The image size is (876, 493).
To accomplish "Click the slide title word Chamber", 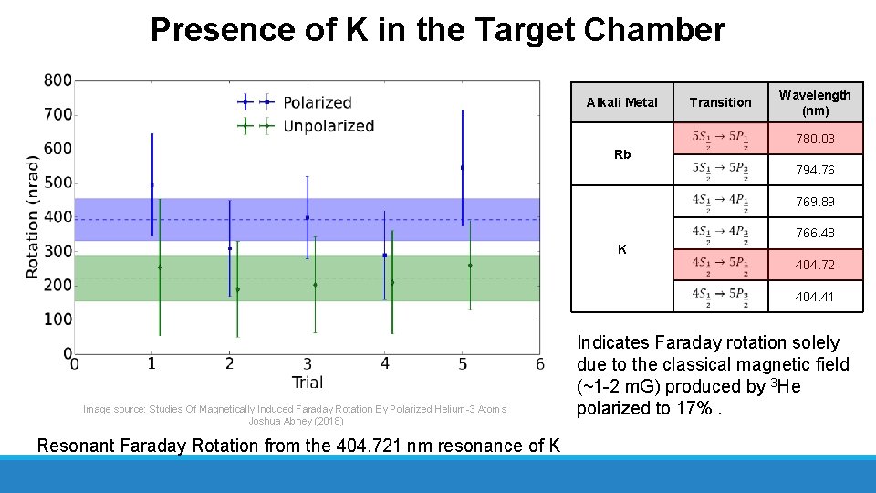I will [x=654, y=30].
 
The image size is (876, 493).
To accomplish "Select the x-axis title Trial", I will [x=307, y=382].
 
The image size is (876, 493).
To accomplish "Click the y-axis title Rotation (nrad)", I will [x=33, y=216].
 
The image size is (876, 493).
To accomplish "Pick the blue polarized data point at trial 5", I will [x=463, y=168].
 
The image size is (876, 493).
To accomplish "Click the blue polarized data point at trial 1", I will [x=151, y=184].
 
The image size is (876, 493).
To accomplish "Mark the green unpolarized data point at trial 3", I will [x=315, y=285].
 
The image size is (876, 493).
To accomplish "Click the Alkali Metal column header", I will [x=621, y=102].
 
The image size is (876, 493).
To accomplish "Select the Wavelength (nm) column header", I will [x=814, y=102].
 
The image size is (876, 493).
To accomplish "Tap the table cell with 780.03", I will [x=814, y=139].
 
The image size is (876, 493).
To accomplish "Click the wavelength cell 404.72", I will [x=814, y=265].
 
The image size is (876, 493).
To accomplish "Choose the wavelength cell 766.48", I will [x=814, y=233].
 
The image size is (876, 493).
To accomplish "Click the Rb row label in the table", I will [x=621, y=154].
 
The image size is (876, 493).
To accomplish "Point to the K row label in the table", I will [x=621, y=249].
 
